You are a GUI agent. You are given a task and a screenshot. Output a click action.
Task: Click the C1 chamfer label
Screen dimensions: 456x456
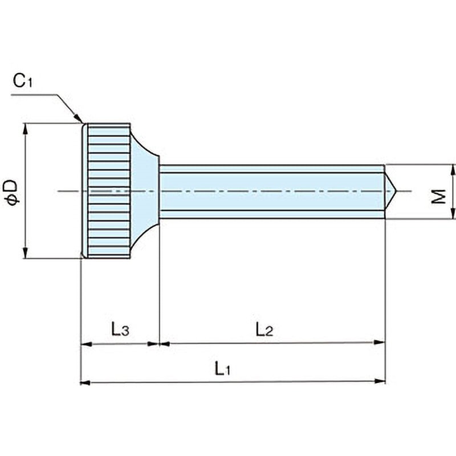(x=23, y=82)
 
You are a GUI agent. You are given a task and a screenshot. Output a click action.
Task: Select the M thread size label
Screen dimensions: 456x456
(x=438, y=198)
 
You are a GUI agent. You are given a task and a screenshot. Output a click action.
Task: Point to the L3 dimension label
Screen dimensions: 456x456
(x=120, y=329)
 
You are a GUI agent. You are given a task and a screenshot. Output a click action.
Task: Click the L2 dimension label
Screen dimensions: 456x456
(x=264, y=329)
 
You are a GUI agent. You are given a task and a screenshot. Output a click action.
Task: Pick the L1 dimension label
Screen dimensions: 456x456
(x=223, y=369)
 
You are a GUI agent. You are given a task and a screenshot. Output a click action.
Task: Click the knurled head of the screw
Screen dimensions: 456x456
(x=108, y=191)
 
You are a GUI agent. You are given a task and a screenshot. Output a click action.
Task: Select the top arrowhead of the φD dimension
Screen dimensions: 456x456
(x=25, y=128)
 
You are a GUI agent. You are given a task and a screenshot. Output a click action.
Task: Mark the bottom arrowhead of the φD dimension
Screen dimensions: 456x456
(x=25, y=254)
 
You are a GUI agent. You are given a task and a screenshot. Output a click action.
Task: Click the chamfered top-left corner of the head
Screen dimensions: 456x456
(x=84, y=125)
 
